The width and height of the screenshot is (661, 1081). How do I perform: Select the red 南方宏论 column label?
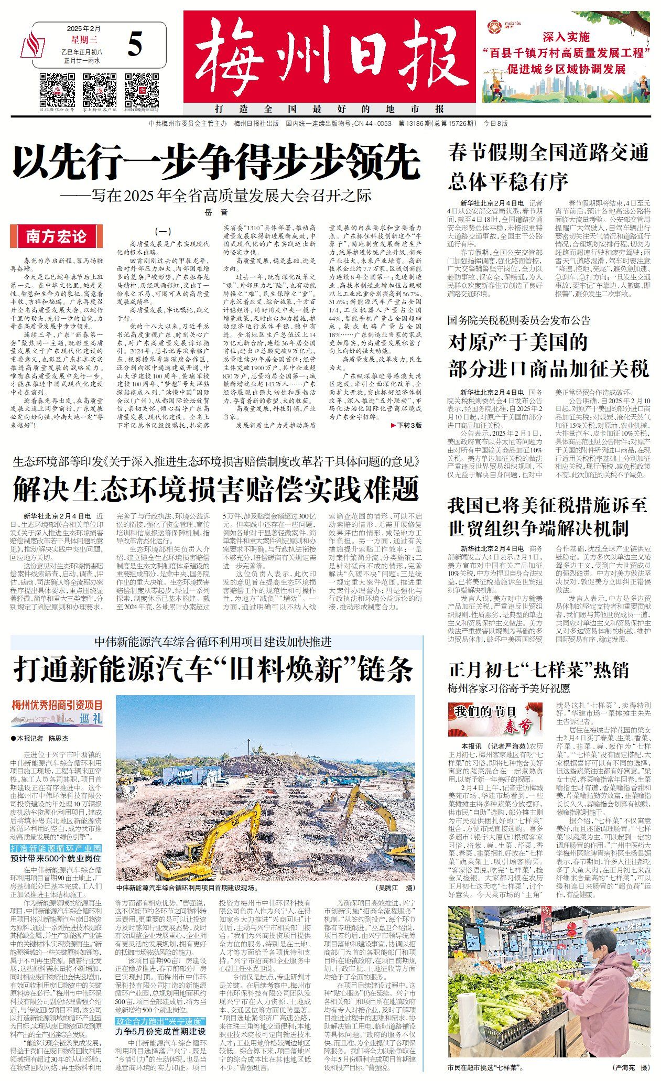coord(57,236)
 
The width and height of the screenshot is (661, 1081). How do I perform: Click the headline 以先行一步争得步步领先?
coord(216,162)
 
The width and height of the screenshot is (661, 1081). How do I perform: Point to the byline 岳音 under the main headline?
coord(216,212)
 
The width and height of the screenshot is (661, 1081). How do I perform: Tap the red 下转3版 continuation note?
coord(406,425)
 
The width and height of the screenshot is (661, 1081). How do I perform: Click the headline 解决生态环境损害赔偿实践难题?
coord(216,489)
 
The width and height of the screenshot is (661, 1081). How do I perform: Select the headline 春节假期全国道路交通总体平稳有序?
coord(548,167)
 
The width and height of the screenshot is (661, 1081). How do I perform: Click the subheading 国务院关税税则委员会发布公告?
coord(518,320)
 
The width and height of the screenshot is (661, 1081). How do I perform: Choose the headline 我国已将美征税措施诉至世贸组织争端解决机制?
coord(548,516)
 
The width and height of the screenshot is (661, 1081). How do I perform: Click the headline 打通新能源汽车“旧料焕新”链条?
coord(214,668)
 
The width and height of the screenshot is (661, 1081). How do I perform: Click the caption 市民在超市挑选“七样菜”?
coord(485,1067)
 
